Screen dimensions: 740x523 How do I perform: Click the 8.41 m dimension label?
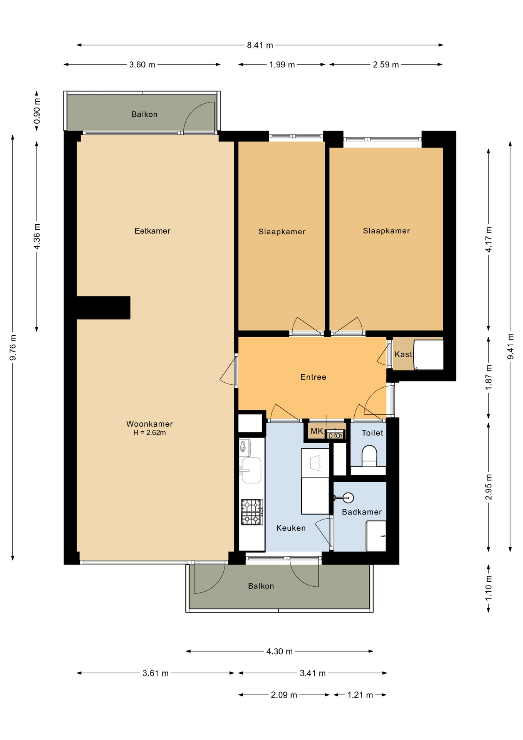[260, 45]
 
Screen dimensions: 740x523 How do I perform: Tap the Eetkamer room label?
[152, 231]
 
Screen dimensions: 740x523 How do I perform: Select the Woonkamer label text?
[149, 424]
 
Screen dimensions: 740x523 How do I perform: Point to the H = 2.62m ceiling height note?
[149, 433]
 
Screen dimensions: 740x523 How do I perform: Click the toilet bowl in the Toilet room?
[369, 455]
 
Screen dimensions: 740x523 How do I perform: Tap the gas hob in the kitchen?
[252, 512]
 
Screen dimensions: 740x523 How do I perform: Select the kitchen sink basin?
[251, 470]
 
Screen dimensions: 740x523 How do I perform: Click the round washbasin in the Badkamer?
[348, 498]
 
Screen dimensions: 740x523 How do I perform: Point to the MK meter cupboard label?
[317, 431]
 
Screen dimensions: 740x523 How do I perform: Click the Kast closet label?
[403, 354]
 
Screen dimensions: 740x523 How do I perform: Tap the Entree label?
[313, 377]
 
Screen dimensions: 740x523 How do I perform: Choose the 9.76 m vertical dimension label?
[13, 348]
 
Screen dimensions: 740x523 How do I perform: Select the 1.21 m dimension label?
[360, 695]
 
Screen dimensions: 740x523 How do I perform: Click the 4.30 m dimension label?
[280, 651]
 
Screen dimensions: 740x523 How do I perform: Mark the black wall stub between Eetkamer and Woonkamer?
[103, 308]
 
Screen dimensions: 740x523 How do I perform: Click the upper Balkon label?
[144, 114]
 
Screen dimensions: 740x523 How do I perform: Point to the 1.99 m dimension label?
[282, 64]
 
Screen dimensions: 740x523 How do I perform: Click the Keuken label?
[291, 528]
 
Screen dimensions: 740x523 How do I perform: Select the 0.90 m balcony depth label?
[37, 111]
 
